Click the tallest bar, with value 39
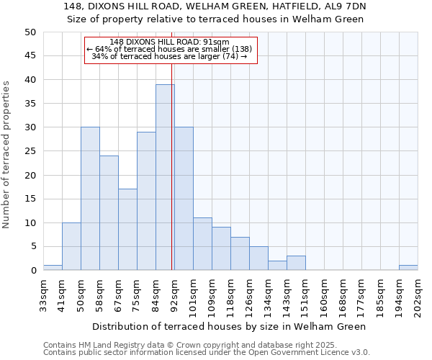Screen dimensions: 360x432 [165, 177]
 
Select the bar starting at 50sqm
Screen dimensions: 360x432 [90, 199]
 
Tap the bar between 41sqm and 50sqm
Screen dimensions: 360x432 [71, 246]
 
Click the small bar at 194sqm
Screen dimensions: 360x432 [408, 268]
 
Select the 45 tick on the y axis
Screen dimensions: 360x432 [30, 56]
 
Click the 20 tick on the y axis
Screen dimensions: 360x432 [30, 175]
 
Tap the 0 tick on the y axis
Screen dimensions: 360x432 [33, 271]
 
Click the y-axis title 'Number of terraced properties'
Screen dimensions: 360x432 [7, 155]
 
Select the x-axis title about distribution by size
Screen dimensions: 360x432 [230, 326]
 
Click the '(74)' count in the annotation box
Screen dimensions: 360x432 [229, 56]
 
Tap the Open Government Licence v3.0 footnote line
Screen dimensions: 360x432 [207, 352]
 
